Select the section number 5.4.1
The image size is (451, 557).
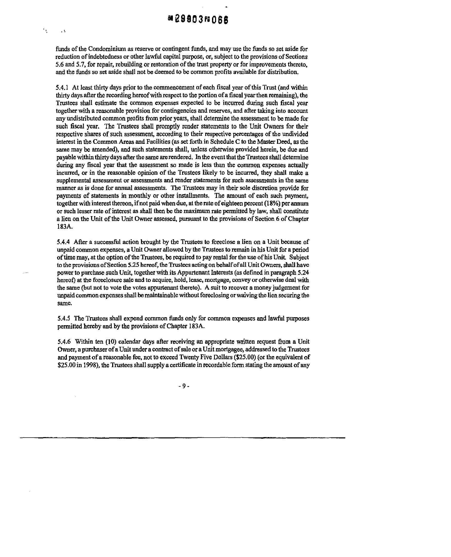62,88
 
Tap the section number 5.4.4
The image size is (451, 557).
63,242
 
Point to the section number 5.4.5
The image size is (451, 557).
63,319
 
